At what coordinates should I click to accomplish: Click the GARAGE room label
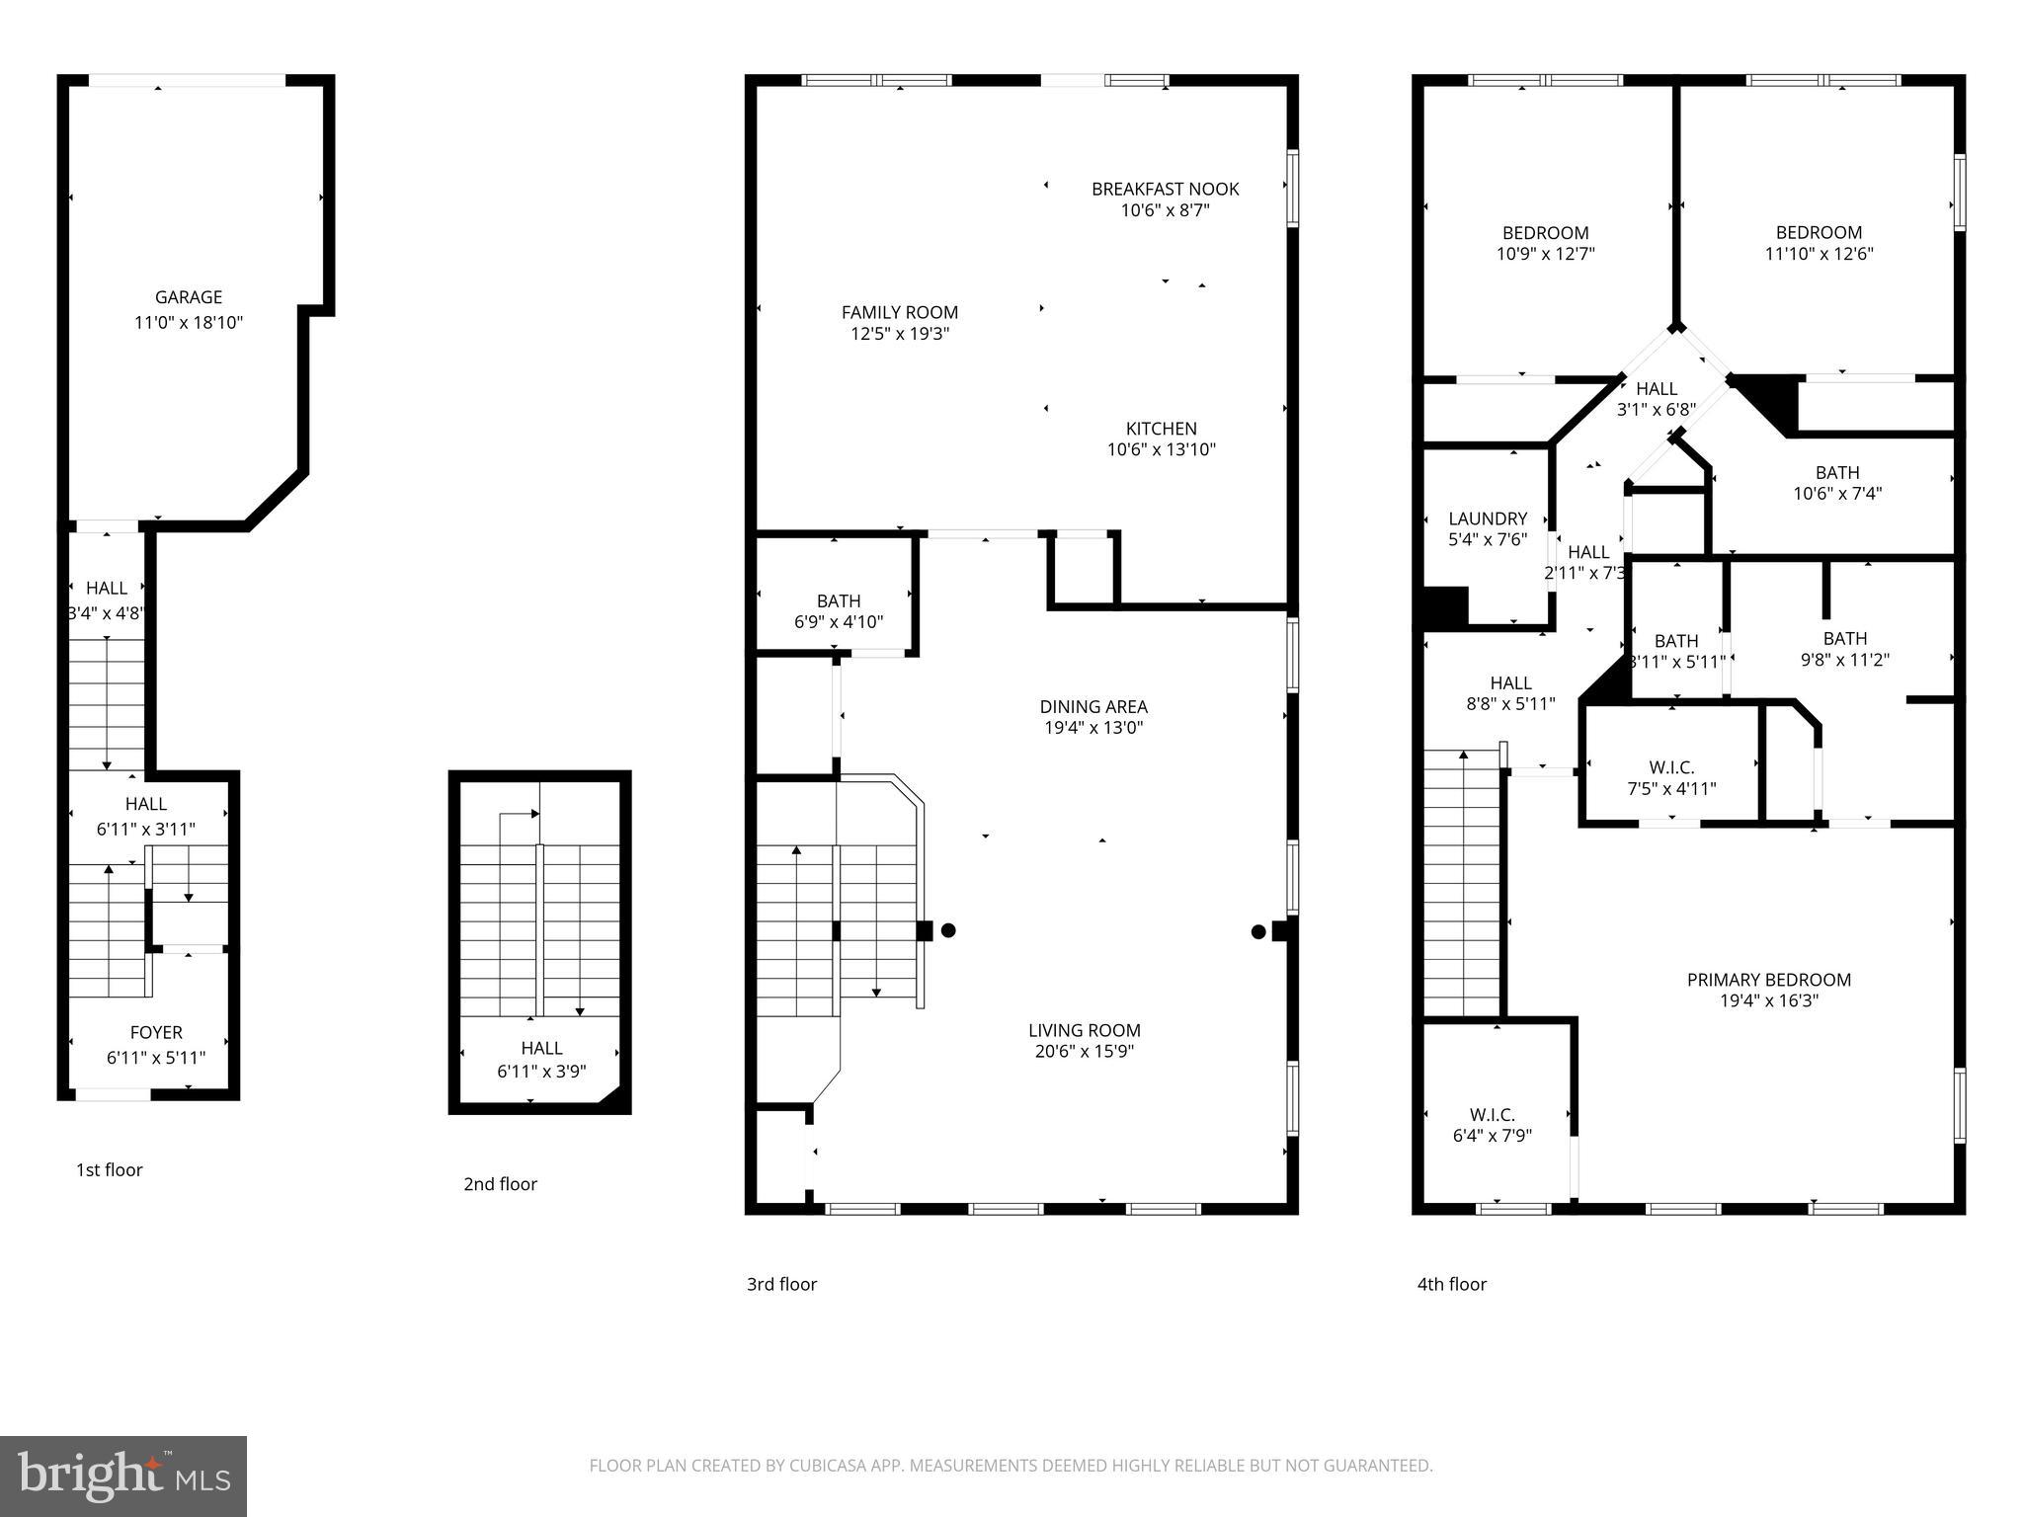pyautogui.click(x=188, y=296)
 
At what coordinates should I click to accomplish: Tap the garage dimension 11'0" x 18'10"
pyautogui.click(x=188, y=322)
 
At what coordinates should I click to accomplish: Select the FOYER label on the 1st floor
pyautogui.click(x=156, y=1032)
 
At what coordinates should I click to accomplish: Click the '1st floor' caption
pyautogui.click(x=109, y=1169)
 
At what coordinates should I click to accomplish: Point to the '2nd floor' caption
pyautogui.click(x=500, y=1183)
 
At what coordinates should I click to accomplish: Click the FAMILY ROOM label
pyautogui.click(x=899, y=312)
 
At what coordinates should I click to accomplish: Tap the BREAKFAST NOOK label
pyautogui.click(x=1165, y=189)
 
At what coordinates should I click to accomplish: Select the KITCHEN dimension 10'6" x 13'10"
pyautogui.click(x=1161, y=449)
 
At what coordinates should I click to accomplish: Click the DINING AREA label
pyautogui.click(x=1092, y=706)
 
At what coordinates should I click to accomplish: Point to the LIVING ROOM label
pyautogui.click(x=1084, y=1030)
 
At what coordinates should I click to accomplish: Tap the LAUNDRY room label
pyautogui.click(x=1487, y=519)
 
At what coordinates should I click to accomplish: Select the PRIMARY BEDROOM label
pyautogui.click(x=1768, y=980)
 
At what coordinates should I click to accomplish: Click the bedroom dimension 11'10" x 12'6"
pyautogui.click(x=1819, y=253)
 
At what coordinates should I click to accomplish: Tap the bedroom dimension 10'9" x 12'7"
pyautogui.click(x=1545, y=253)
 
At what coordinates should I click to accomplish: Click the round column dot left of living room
pyautogui.click(x=948, y=929)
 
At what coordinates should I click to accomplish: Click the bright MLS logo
pyautogui.click(x=123, y=1476)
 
